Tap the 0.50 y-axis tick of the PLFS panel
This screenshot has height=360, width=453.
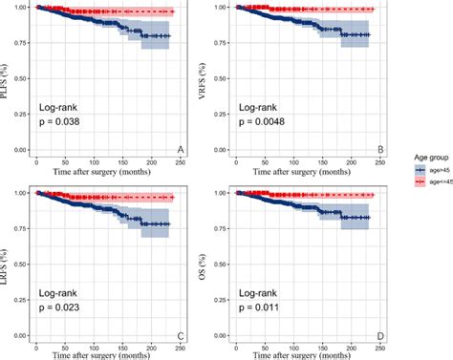tap(20, 78)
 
